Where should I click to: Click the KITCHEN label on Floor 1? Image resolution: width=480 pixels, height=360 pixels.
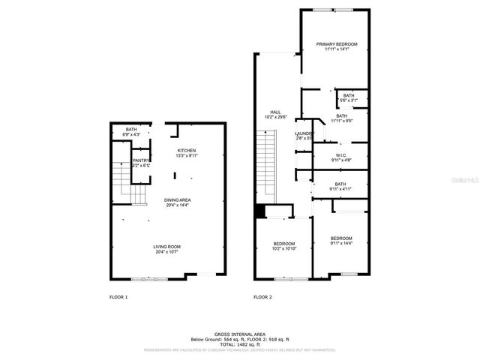tap(187, 151)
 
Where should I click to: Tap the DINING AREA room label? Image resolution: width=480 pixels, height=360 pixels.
tap(178, 199)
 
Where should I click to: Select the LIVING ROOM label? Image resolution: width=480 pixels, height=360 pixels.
tap(166, 247)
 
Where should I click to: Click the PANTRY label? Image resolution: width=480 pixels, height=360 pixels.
tap(141, 160)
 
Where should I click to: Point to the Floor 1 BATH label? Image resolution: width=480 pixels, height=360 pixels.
tap(131, 130)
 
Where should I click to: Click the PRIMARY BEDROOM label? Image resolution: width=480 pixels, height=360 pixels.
tap(336, 44)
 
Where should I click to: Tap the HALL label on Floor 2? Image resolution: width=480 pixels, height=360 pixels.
tap(275, 112)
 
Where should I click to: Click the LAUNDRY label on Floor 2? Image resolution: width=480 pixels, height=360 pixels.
tap(303, 133)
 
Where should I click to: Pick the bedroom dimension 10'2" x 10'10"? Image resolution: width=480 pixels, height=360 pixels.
tap(283, 248)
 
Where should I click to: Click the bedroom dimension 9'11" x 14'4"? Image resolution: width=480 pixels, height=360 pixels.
tap(340, 243)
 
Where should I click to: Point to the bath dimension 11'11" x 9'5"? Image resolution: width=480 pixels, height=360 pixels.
tap(341, 120)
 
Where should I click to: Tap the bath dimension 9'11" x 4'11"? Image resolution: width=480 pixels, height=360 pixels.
tap(340, 189)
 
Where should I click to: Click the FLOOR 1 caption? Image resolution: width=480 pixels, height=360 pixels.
tap(118, 298)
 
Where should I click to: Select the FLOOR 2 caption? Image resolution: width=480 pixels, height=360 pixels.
tap(262, 298)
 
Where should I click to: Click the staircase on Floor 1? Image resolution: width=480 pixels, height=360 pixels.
tap(123, 184)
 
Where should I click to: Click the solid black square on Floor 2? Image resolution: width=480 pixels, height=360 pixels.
tap(260, 211)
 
